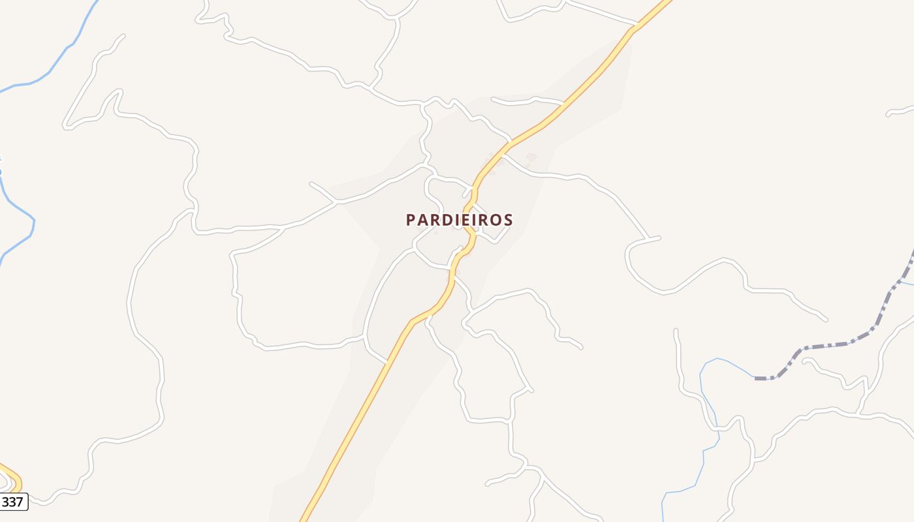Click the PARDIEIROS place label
click(x=459, y=220)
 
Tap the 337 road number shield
click(x=12, y=502)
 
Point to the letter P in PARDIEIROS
click(x=411, y=220)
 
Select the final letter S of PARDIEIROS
click(x=507, y=220)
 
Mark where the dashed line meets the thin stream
click(x=756, y=378)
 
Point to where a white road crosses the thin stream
click(x=717, y=429)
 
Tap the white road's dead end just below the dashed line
click(x=804, y=361)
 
